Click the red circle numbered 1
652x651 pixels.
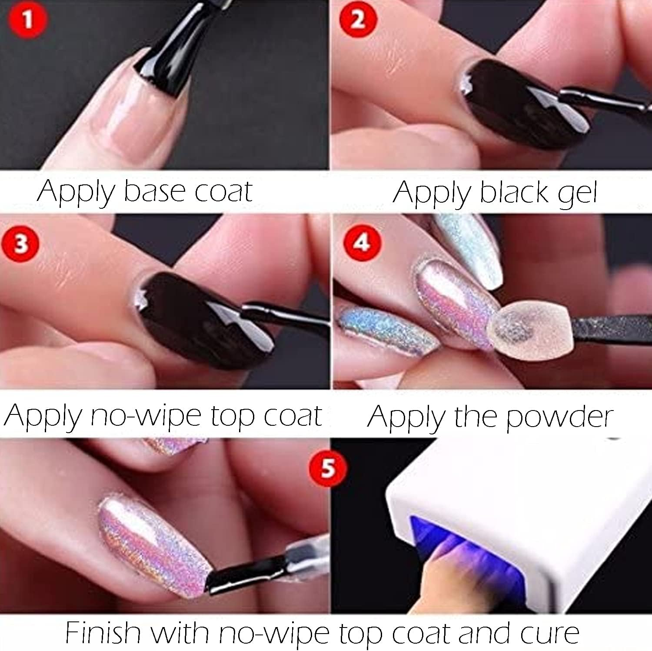(x=28, y=20)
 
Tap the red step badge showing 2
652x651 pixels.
(x=358, y=20)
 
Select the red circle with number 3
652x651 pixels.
(x=20, y=244)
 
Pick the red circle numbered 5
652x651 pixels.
(x=328, y=469)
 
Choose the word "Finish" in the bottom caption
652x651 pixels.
(x=103, y=633)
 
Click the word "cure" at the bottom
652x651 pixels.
(x=550, y=634)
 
